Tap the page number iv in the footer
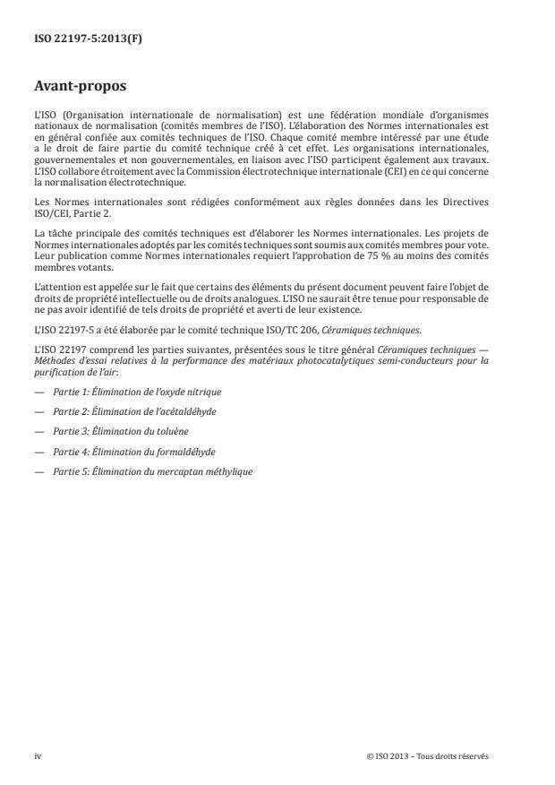[38, 755]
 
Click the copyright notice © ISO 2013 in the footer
[428, 755]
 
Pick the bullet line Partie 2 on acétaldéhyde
[134, 412]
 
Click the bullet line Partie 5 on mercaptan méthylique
[152, 471]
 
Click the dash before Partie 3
[39, 432]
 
